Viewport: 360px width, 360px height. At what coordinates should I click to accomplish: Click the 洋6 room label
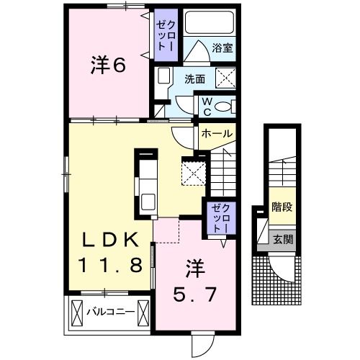click(108, 65)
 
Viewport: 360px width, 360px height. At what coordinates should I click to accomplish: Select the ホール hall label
click(216, 133)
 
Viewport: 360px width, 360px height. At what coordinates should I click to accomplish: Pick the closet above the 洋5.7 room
click(219, 217)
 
